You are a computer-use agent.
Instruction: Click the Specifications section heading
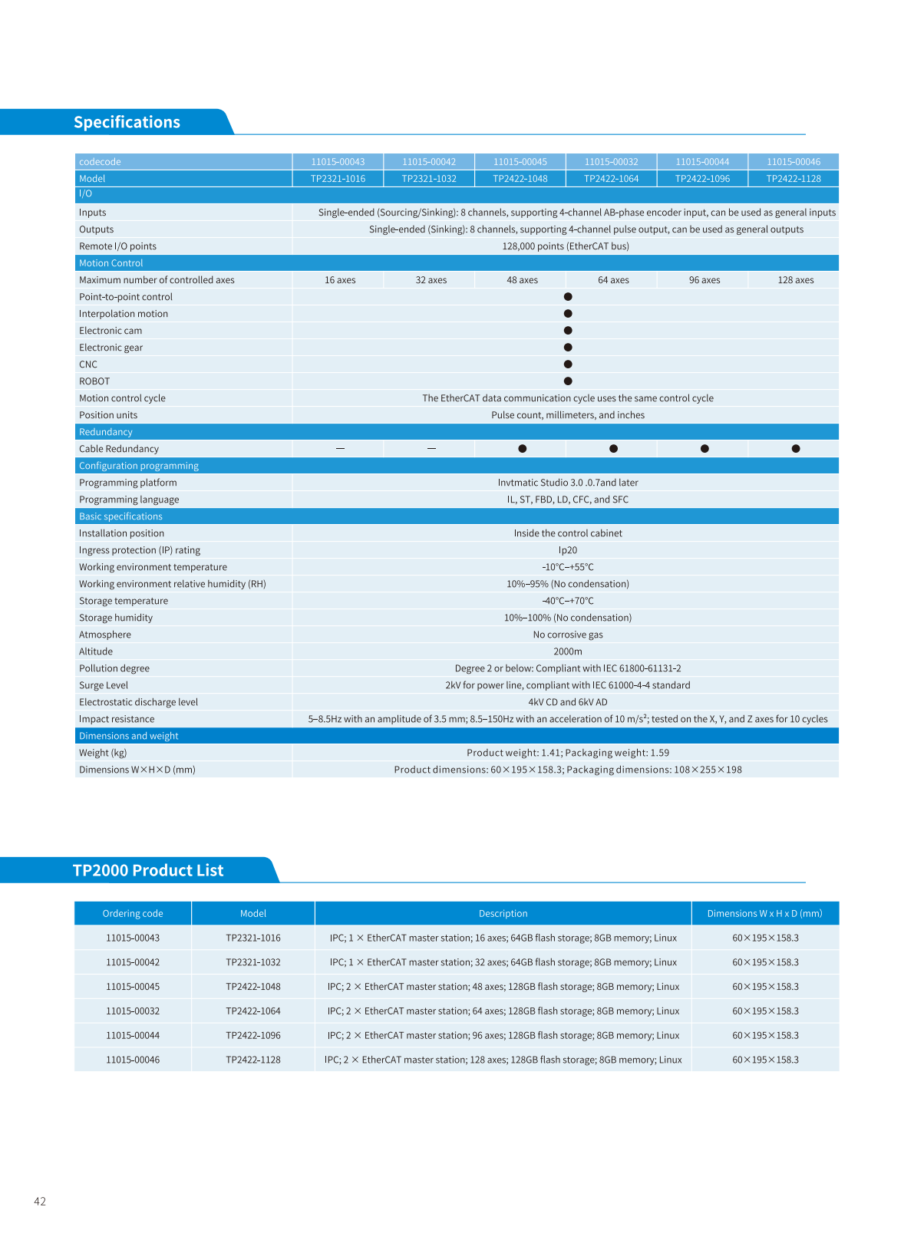click(x=127, y=122)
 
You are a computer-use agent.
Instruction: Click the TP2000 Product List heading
click(x=148, y=870)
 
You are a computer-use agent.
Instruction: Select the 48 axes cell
click(x=522, y=280)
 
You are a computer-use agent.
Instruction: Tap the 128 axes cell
click(x=795, y=280)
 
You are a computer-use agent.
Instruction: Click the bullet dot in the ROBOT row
click(x=568, y=381)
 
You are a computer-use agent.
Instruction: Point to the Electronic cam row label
click(x=111, y=331)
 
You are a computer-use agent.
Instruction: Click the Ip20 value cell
click(x=568, y=550)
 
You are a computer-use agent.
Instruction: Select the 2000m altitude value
click(x=568, y=651)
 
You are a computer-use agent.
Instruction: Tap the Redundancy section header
click(x=106, y=432)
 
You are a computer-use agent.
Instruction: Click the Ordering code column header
click(x=133, y=913)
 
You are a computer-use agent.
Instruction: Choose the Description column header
click(x=503, y=913)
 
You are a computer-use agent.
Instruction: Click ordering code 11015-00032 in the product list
click(x=133, y=1011)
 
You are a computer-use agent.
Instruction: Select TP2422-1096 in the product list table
click(x=253, y=1035)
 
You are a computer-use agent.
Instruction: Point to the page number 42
click(x=40, y=1202)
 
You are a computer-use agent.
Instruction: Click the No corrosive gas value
click(x=568, y=635)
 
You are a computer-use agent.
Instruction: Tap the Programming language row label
click(x=129, y=500)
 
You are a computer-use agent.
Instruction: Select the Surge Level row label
click(x=104, y=685)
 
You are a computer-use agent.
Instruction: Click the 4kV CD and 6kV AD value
click(x=568, y=702)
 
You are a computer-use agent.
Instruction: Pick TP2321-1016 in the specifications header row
click(x=338, y=179)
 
